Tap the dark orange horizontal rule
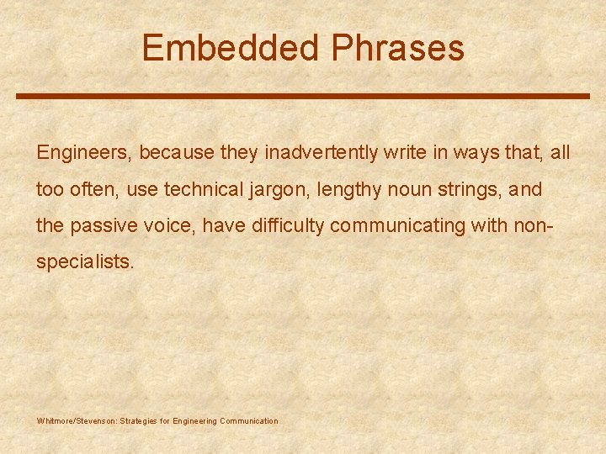pos(303,96)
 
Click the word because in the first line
pos(177,153)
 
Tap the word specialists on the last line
pos(84,262)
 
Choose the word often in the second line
pos(95,190)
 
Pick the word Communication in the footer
pos(248,420)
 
